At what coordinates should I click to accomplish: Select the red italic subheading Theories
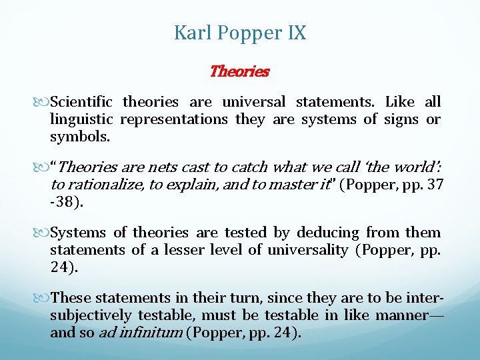coord(239,71)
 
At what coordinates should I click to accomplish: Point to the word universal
coord(253,102)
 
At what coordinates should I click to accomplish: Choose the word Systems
coord(78,233)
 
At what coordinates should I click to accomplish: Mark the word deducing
coord(327,233)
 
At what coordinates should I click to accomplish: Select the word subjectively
coord(91,315)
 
